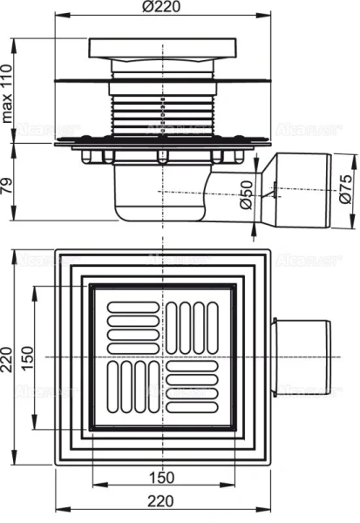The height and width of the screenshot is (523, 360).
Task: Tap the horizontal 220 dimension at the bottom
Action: coord(163,502)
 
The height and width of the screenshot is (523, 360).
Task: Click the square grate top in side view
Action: coord(162,51)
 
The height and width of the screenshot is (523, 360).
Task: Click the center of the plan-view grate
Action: coord(161,357)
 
